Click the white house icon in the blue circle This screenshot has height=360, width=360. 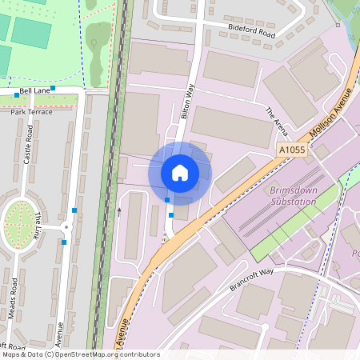click(x=180, y=172)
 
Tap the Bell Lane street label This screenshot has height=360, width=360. click(x=34, y=92)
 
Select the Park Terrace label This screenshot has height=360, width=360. click(x=31, y=111)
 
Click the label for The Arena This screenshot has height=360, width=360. click(x=275, y=120)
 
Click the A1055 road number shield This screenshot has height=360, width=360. click(x=292, y=150)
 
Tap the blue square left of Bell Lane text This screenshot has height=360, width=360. click(x=17, y=95)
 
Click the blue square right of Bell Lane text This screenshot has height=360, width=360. click(x=53, y=88)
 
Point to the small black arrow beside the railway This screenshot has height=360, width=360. click(x=119, y=212)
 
